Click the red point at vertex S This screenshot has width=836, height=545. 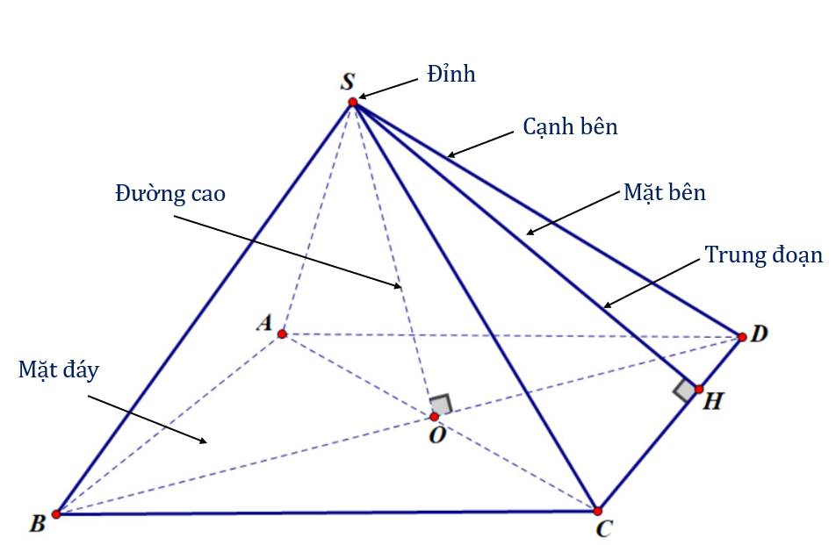353,103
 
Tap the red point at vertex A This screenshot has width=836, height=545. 282,334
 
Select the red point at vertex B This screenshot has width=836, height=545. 56,514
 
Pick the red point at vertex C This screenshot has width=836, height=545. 597,511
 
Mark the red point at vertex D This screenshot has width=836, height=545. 742,337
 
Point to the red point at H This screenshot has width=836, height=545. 699,389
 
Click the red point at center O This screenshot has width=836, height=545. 434,416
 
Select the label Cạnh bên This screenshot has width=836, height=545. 571,127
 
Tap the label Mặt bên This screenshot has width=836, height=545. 664,193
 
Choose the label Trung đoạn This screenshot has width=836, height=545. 763,255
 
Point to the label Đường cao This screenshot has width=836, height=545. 170,194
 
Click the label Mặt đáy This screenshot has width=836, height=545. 59,369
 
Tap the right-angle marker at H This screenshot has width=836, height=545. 685,391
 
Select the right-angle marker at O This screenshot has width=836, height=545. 441,404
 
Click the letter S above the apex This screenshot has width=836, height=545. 348,82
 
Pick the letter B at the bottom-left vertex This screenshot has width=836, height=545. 37,525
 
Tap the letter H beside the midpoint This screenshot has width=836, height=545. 714,402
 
